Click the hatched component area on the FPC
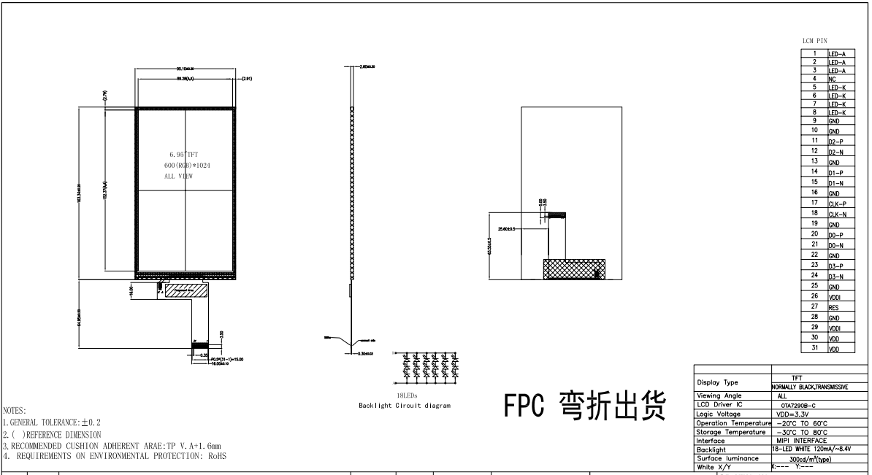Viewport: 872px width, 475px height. (187, 290)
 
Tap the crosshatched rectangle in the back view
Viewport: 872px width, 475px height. (573, 269)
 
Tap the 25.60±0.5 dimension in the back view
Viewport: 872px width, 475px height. (506, 229)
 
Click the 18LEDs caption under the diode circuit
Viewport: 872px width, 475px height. (406, 395)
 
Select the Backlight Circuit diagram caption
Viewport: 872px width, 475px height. (405, 405)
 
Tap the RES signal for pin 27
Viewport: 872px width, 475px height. (833, 308)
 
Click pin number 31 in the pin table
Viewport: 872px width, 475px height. (814, 349)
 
